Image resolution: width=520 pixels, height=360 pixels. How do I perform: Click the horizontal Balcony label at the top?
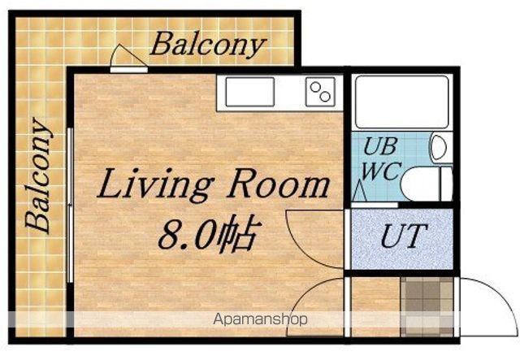coord(208,46)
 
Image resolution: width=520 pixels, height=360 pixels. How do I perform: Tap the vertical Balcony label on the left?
coord(38,176)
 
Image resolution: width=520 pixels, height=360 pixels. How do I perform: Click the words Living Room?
coord(213,184)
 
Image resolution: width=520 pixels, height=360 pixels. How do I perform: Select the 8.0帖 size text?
coord(208,232)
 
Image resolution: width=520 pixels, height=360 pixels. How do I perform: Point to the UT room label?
coord(404,236)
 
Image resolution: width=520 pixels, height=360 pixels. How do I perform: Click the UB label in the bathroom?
coord(380,146)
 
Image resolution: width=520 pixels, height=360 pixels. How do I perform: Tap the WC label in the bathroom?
coord(381,171)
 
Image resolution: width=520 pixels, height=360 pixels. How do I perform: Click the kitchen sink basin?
coord(249,92)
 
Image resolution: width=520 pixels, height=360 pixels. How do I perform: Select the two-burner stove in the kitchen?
coord(320,92)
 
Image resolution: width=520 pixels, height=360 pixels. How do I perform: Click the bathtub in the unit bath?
coord(401,102)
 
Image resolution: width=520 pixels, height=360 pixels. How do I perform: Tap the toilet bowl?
coord(426,184)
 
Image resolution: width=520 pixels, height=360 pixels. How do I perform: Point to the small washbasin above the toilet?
coord(439,147)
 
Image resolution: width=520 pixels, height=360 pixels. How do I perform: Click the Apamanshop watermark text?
coord(260,319)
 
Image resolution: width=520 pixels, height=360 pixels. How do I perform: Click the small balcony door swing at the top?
coord(128,56)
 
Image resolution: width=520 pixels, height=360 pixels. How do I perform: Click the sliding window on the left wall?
coord(70,205)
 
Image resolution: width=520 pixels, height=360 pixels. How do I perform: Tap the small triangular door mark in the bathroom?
coord(359,193)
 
